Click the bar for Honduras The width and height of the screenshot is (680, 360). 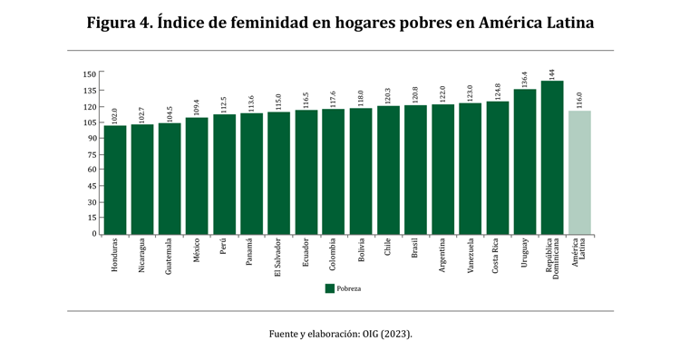115,180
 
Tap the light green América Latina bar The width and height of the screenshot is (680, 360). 579,172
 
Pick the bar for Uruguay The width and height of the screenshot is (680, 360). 525,161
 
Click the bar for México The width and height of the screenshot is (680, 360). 197,175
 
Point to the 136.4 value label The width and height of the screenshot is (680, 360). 525,79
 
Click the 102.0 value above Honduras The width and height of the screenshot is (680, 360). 115,115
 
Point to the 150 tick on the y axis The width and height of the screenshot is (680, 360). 89,74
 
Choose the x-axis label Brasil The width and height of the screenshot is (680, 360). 415,248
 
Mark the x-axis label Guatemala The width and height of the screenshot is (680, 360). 170,256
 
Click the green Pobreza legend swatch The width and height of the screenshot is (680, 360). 330,288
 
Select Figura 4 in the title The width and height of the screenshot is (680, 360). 119,23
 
